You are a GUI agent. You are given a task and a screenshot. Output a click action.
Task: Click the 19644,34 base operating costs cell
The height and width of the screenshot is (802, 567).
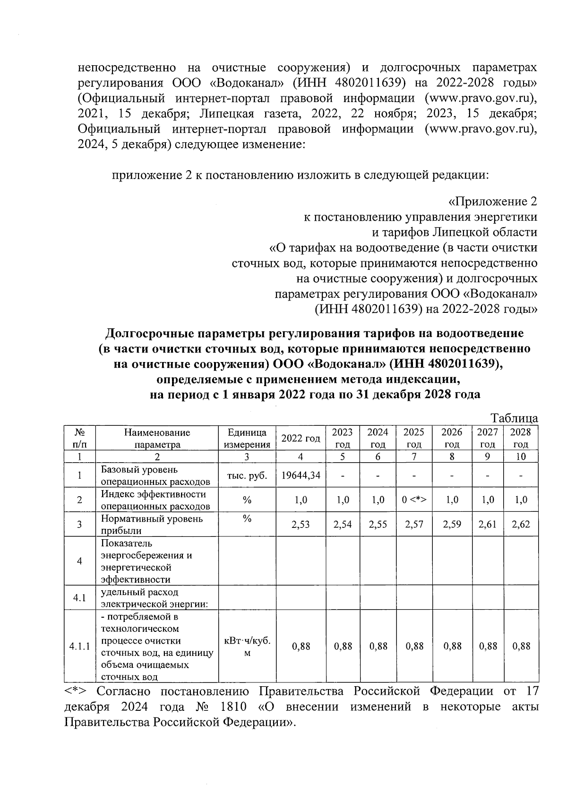point(301,475)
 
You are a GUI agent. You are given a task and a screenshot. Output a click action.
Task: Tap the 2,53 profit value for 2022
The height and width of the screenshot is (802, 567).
point(301,525)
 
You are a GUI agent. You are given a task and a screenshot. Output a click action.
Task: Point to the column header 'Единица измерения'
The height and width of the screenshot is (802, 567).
point(247,438)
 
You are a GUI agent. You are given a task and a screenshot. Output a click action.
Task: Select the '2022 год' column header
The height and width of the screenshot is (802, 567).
point(301,438)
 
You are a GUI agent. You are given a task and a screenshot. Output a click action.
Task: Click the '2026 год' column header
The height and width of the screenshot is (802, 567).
point(452,438)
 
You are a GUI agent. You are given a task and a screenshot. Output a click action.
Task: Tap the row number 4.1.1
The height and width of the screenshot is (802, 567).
point(80,646)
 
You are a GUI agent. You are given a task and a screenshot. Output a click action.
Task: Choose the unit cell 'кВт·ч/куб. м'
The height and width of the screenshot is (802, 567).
point(247,646)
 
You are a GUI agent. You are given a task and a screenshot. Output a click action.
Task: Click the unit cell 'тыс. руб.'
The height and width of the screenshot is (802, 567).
point(247,475)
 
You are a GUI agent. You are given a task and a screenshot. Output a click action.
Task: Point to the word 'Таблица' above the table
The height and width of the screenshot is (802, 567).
point(514,418)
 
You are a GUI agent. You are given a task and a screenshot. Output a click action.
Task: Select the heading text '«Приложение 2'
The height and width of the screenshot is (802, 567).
point(493,202)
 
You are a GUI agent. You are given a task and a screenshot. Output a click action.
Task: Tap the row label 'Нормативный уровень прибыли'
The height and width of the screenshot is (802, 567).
point(152,525)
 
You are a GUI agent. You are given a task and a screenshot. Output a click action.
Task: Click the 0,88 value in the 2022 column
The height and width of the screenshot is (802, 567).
point(301,646)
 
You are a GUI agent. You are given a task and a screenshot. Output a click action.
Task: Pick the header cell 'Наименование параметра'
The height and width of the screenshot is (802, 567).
point(157,438)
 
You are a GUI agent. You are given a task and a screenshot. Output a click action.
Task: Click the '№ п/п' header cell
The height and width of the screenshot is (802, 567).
point(80,438)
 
